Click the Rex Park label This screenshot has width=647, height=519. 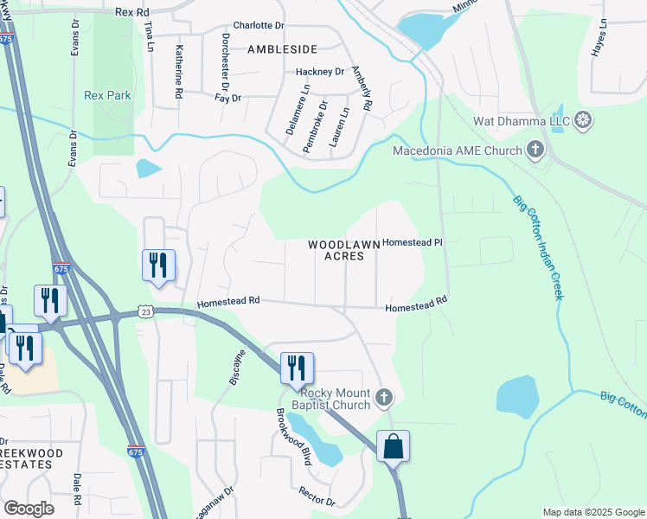click(107, 95)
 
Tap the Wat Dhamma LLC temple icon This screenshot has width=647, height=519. click(584, 119)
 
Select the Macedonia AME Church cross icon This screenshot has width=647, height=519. click(535, 151)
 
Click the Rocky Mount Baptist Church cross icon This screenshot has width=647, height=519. click(385, 399)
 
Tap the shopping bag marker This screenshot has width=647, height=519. click(393, 447)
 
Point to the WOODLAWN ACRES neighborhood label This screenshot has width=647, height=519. click(344, 250)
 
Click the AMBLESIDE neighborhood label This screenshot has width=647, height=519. click(282, 49)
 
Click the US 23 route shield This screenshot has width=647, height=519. click(144, 311)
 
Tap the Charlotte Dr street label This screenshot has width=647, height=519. click(258, 26)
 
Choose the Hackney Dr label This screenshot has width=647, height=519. click(319, 72)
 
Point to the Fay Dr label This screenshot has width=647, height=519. click(227, 99)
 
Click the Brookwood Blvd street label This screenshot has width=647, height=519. click(293, 436)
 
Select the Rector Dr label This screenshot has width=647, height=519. click(317, 497)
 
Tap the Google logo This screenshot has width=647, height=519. click(29, 509)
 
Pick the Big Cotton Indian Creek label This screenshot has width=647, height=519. click(538, 247)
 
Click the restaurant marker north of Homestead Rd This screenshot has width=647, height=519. click(158, 265)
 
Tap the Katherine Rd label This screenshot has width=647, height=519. click(179, 69)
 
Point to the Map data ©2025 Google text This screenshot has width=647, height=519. click(593, 512)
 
